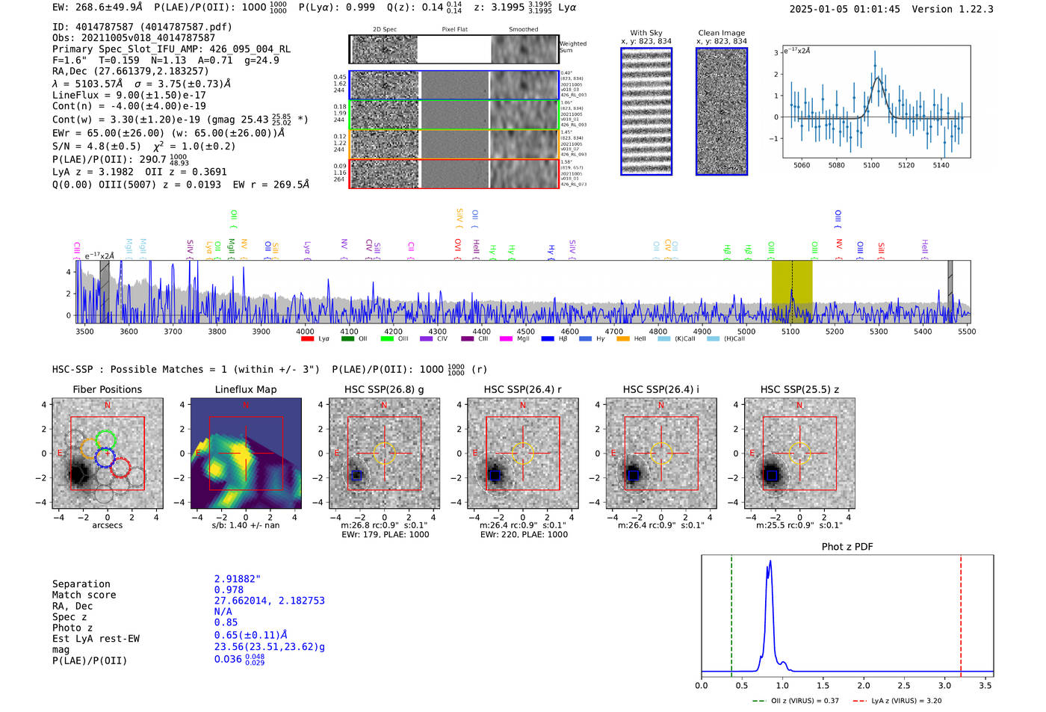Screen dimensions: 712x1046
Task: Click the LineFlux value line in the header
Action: pyautogui.click(x=129, y=95)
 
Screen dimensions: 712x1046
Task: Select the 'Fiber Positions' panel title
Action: pyautogui.click(x=107, y=389)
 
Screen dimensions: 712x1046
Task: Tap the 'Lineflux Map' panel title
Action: pyautogui.click(x=246, y=389)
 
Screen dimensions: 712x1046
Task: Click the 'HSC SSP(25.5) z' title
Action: pyautogui.click(x=799, y=389)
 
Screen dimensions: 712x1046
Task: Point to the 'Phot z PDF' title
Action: pyautogui.click(x=847, y=547)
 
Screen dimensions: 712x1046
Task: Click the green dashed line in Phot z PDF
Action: pyautogui.click(x=731, y=613)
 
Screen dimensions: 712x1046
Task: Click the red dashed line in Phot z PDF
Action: pyautogui.click(x=961, y=613)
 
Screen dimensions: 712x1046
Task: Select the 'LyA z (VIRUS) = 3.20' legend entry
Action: pyautogui.click(x=906, y=701)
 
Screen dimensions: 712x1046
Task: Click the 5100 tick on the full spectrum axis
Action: pyautogui.click(x=790, y=332)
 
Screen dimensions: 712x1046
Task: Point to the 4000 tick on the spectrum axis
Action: pyautogui.click(x=305, y=332)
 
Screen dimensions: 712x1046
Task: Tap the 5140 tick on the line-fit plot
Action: pyautogui.click(x=941, y=165)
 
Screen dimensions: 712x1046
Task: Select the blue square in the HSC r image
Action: pyautogui.click(x=494, y=475)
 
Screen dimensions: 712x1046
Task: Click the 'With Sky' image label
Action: pyautogui.click(x=646, y=33)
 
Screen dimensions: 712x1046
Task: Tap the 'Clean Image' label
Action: pyautogui.click(x=721, y=33)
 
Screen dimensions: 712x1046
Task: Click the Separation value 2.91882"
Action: pyautogui.click(x=238, y=579)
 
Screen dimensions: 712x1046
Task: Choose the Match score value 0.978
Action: pyautogui.click(x=229, y=589)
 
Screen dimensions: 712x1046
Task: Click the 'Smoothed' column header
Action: pyautogui.click(x=523, y=30)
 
